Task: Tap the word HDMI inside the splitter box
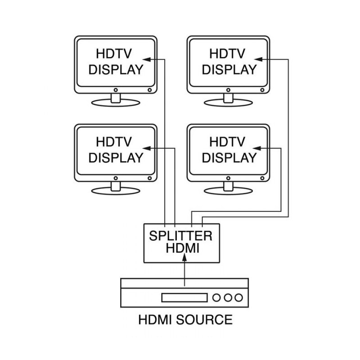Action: (183, 248)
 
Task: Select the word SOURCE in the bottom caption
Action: (205, 320)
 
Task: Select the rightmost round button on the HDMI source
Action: (238, 297)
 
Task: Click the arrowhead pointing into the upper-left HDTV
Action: (145, 59)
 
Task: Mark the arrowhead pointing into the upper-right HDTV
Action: (258, 59)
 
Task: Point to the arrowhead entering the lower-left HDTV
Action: (145, 148)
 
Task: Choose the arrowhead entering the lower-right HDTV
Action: (258, 148)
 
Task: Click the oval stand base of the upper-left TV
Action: (116, 103)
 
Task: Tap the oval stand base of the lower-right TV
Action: (229, 191)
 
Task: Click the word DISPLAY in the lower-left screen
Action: (116, 158)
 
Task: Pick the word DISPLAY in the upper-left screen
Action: (116, 70)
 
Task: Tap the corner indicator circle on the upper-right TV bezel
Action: (263, 90)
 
